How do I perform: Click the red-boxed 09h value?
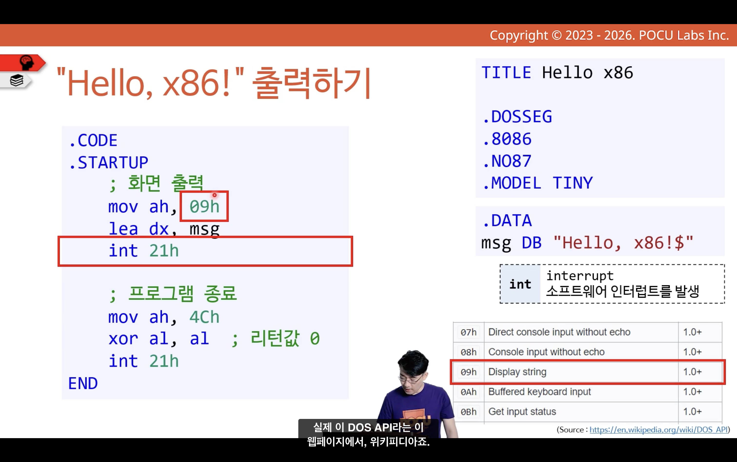pyautogui.click(x=204, y=207)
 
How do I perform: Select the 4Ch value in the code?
pyautogui.click(x=204, y=317)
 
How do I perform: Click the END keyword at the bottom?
pyautogui.click(x=83, y=383)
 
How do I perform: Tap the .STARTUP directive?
pyautogui.click(x=109, y=162)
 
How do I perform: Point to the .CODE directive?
pyautogui.click(x=93, y=140)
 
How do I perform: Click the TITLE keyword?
pyautogui.click(x=506, y=73)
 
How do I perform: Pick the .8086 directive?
pyautogui.click(x=507, y=139)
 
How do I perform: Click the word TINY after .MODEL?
pyautogui.click(x=573, y=183)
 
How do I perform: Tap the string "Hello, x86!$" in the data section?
pyautogui.click(x=623, y=243)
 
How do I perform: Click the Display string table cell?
pyautogui.click(x=517, y=372)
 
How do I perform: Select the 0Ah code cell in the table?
pyautogui.click(x=468, y=392)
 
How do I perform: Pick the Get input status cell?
pyautogui.click(x=522, y=412)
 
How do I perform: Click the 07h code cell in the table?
pyautogui.click(x=468, y=332)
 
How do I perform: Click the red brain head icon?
pyautogui.click(x=27, y=62)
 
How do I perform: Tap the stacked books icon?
pyautogui.click(x=17, y=81)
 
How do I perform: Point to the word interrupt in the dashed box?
pyautogui.click(x=580, y=276)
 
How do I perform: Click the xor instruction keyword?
pyautogui.click(x=123, y=339)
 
